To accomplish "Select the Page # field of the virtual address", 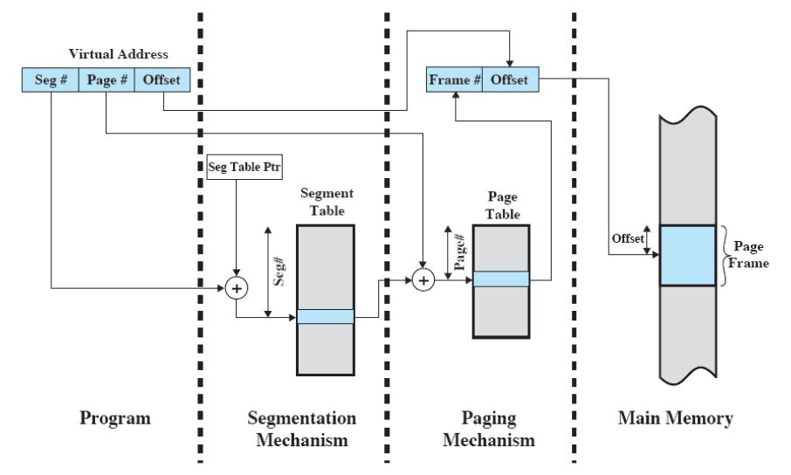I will (x=107, y=80).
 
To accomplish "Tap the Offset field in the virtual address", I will (x=162, y=80).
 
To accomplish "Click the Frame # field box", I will (x=454, y=80).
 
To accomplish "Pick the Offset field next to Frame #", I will (x=511, y=80).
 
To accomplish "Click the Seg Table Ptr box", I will (x=235, y=168).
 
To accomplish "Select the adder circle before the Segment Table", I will (x=236, y=288).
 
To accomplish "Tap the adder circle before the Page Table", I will (x=423, y=279).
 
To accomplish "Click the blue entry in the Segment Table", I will (x=325, y=317).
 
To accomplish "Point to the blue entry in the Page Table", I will (x=500, y=279).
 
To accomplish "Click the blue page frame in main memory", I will (x=688, y=255).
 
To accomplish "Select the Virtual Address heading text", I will (x=118, y=54).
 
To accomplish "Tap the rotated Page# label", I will (x=458, y=250).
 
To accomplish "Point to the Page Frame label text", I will (x=750, y=255).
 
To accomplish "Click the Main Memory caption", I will (x=675, y=418).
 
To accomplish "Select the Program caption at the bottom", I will (x=115, y=418).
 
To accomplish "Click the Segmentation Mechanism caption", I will (x=302, y=428).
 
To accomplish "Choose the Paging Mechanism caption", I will (x=488, y=428).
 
